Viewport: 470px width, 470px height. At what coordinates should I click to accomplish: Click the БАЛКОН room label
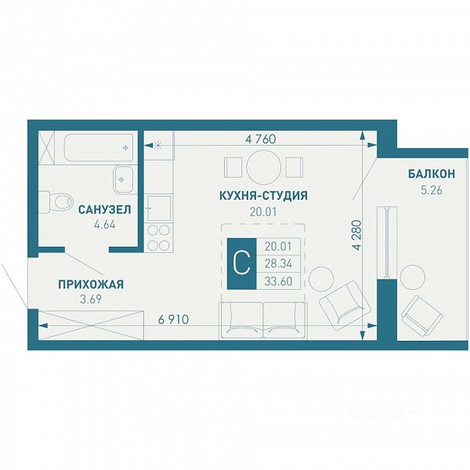click(432, 174)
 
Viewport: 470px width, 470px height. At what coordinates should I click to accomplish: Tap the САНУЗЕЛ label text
click(105, 209)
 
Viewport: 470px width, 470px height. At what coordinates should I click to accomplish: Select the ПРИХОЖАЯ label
click(91, 284)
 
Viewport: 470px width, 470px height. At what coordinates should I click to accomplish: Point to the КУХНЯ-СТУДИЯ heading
click(263, 195)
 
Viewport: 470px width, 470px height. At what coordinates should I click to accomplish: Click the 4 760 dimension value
click(260, 139)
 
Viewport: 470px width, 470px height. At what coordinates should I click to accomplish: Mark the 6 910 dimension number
click(174, 320)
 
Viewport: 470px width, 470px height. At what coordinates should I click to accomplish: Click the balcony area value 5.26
click(432, 190)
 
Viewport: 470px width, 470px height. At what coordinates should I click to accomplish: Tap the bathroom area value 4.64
click(105, 225)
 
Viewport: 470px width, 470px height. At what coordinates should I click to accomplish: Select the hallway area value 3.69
click(91, 299)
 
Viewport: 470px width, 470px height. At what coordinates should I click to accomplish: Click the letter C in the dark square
click(241, 264)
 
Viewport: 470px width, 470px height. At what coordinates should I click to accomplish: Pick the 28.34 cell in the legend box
click(278, 264)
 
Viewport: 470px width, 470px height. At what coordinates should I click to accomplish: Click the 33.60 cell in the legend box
click(278, 281)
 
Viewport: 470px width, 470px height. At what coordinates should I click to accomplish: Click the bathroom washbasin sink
click(123, 179)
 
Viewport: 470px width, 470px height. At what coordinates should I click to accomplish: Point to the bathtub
click(99, 148)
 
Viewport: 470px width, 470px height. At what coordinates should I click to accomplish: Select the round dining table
click(264, 167)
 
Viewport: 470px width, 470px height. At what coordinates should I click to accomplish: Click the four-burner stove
click(159, 237)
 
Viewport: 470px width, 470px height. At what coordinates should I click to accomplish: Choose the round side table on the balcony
click(413, 277)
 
